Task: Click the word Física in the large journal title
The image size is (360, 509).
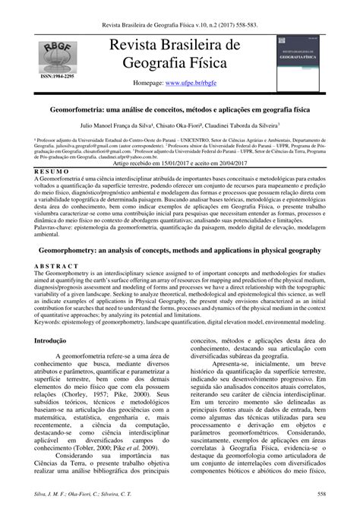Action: tap(217, 64)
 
